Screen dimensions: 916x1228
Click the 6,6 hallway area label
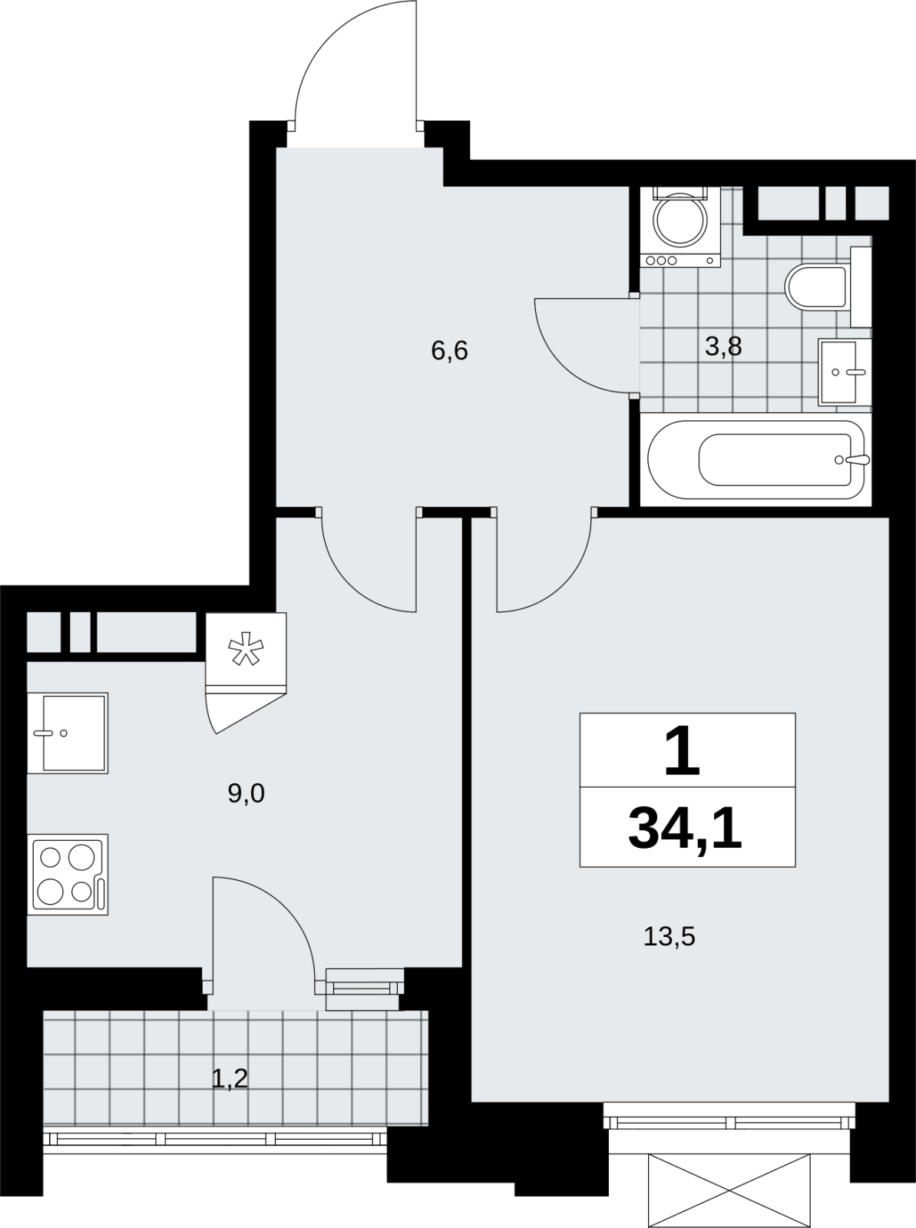[449, 351]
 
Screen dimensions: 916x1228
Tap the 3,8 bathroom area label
[723, 347]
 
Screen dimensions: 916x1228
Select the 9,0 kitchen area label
[246, 793]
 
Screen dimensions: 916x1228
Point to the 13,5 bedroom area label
[670, 936]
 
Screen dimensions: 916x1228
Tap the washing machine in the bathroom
[680, 227]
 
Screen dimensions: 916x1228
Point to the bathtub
[756, 460]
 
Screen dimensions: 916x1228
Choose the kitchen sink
[68, 733]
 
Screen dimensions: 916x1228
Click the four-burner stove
[68, 875]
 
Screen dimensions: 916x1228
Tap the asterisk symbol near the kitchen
[246, 648]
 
